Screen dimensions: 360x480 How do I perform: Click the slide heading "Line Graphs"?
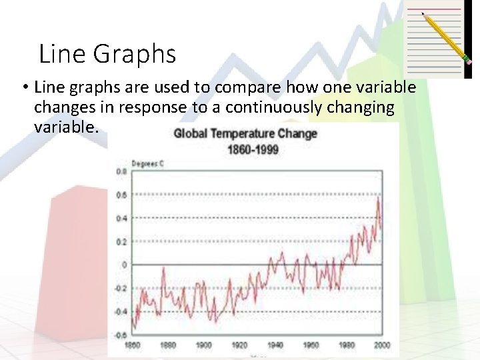(x=107, y=54)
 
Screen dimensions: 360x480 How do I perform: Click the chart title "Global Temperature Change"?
(x=245, y=133)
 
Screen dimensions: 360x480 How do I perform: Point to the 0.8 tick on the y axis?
(x=122, y=171)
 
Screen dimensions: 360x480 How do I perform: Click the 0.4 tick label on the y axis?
(x=122, y=218)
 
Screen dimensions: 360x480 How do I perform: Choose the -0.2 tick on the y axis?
(x=121, y=289)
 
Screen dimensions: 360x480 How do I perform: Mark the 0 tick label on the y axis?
(x=124, y=265)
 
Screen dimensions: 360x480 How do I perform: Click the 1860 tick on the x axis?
(x=133, y=345)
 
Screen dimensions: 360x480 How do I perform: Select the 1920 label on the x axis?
(x=239, y=345)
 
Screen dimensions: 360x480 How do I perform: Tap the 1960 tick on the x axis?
(x=311, y=345)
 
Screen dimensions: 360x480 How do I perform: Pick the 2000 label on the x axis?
(x=381, y=345)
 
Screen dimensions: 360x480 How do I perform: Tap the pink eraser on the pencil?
(x=468, y=61)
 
